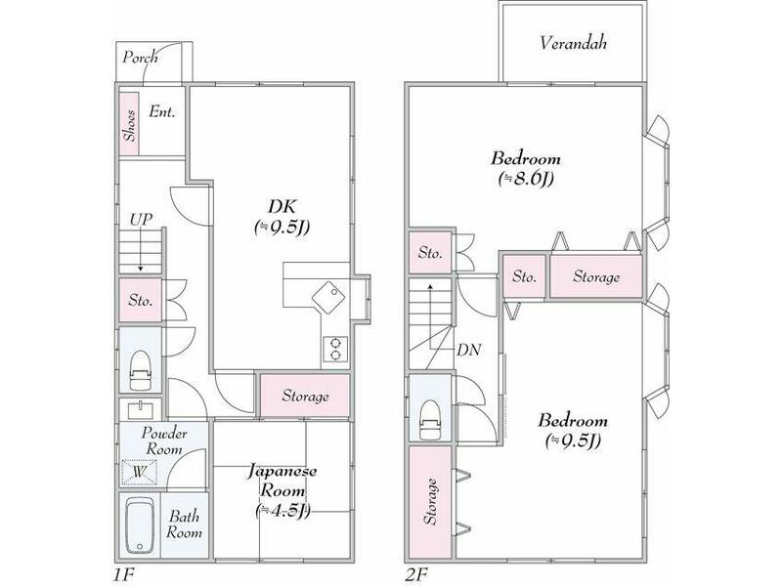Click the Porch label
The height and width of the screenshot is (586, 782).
(x=140, y=58)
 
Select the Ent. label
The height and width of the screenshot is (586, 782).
(x=162, y=112)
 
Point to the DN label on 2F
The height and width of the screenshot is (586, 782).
(x=468, y=350)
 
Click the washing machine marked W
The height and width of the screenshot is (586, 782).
(x=138, y=472)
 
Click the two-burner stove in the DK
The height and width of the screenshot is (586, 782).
(x=335, y=349)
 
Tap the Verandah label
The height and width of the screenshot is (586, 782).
(x=574, y=43)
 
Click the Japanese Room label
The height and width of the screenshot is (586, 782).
(x=282, y=489)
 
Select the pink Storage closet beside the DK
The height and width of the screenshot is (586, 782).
(x=305, y=397)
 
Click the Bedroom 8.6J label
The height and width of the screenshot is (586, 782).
(x=525, y=167)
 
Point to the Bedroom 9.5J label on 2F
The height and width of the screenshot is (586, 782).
(x=573, y=430)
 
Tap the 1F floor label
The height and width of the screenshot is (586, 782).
(x=122, y=572)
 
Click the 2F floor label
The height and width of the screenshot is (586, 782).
(x=418, y=572)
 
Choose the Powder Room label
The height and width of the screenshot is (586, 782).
(x=163, y=440)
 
